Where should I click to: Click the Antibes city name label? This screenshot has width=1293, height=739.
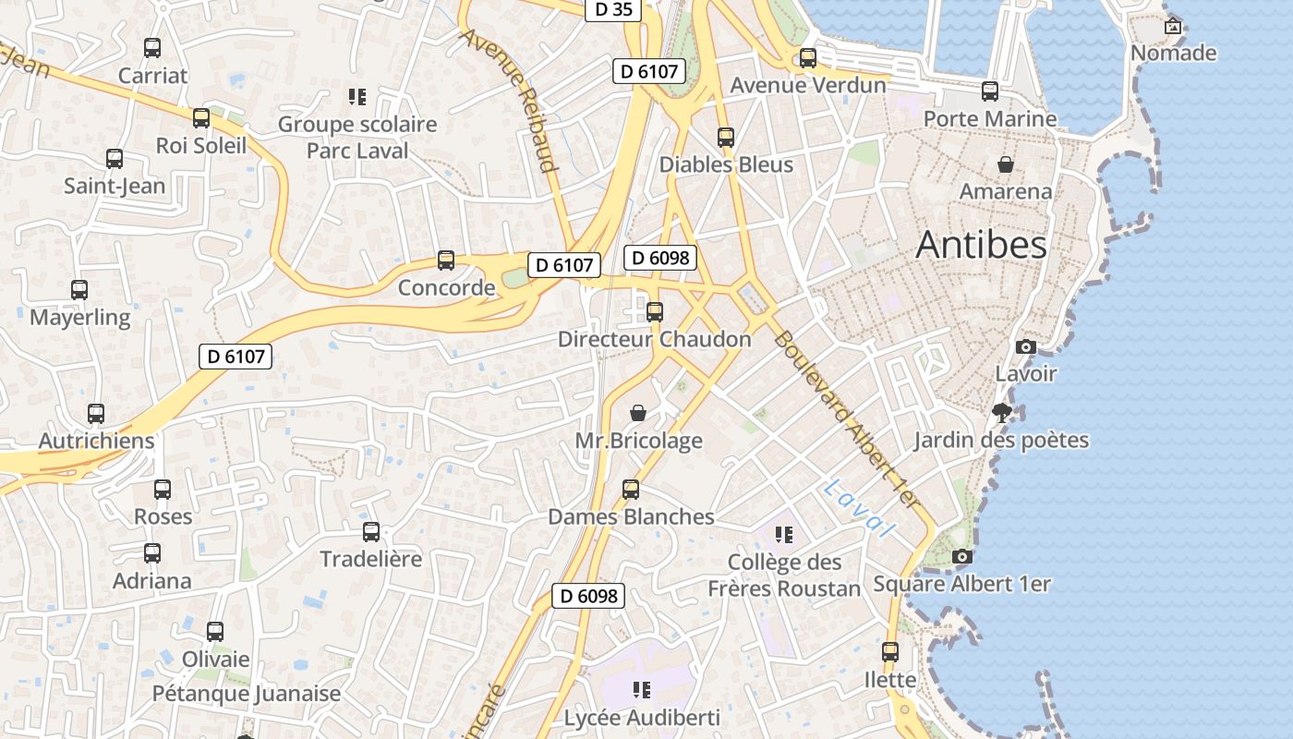[981, 245]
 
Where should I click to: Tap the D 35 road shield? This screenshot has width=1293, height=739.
[613, 9]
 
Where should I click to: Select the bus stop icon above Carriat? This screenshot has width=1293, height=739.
[152, 48]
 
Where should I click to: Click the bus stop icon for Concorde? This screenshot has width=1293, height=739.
[446, 260]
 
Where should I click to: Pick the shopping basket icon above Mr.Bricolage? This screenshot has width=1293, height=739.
[637, 412]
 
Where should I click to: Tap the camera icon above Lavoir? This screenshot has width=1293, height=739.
[1025, 347]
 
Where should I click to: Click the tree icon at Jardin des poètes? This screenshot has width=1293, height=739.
[1001, 413]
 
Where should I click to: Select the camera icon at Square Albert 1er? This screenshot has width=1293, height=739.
[961, 556]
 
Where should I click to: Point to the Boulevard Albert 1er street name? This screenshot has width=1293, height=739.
[847, 419]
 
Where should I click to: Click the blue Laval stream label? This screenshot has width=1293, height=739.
[859, 508]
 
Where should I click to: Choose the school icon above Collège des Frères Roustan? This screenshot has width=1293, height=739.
[784, 534]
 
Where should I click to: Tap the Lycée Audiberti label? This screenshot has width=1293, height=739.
[642, 717]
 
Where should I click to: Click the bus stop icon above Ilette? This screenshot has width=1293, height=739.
[890, 652]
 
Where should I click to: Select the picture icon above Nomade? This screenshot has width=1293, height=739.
[1173, 26]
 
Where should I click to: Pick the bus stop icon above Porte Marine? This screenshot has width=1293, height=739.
[990, 91]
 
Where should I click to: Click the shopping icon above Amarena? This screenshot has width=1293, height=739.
[1006, 164]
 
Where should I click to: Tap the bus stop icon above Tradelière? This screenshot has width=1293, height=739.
[371, 531]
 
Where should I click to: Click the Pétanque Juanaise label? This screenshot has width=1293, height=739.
[247, 693]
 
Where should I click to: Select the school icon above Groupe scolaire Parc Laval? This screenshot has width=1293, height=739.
[357, 96]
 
